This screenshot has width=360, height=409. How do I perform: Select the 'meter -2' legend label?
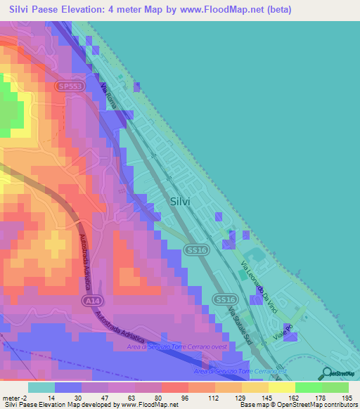coord(15,398)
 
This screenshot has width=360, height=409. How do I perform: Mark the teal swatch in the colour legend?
coord(41,387)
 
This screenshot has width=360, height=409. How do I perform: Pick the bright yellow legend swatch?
coord(282,387)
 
